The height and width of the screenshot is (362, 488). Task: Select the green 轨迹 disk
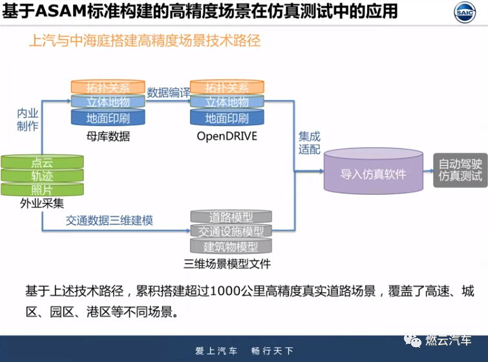(42, 175)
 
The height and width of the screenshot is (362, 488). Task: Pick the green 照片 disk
(42, 189)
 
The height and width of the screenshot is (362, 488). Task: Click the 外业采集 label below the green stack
(42, 203)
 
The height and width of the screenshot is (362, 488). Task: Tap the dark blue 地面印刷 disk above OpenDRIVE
(227, 119)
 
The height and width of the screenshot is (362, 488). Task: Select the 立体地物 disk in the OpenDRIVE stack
(227, 102)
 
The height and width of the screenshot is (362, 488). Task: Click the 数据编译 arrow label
(167, 92)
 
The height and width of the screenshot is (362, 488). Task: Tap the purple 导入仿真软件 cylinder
(373, 174)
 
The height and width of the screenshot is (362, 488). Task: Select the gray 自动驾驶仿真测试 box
(460, 170)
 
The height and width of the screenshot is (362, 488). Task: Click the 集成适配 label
(309, 143)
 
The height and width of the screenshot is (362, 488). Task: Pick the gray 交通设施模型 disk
(231, 231)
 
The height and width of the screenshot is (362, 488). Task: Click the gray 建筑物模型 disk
(231, 247)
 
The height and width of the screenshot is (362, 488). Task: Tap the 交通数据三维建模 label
(109, 220)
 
